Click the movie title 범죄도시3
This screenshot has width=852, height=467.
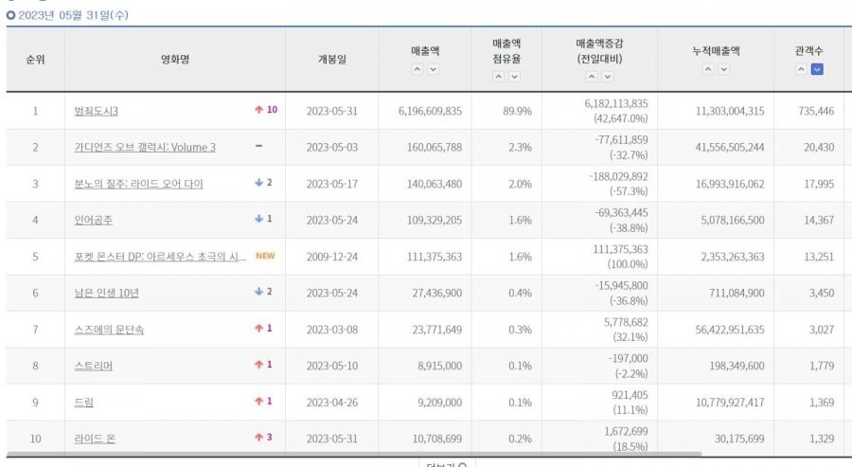[x=96, y=111]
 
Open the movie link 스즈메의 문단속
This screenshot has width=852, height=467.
[x=109, y=330]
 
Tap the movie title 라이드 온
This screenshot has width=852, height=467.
[x=95, y=439]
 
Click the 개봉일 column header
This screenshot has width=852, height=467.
[x=331, y=59]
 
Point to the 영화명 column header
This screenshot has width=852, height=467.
[x=175, y=59]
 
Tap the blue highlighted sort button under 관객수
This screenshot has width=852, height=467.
[x=816, y=69]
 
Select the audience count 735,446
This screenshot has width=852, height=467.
[x=815, y=111]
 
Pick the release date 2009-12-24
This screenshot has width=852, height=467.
[x=331, y=257]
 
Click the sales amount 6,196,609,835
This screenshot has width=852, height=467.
[x=424, y=111]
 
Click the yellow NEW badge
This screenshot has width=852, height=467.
[x=265, y=256]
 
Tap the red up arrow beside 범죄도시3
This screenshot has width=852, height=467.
[x=258, y=110]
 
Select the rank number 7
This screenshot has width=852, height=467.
[x=35, y=330]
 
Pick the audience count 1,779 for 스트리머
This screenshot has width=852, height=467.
[x=818, y=367]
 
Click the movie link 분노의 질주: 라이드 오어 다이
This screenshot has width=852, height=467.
[x=138, y=184]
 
